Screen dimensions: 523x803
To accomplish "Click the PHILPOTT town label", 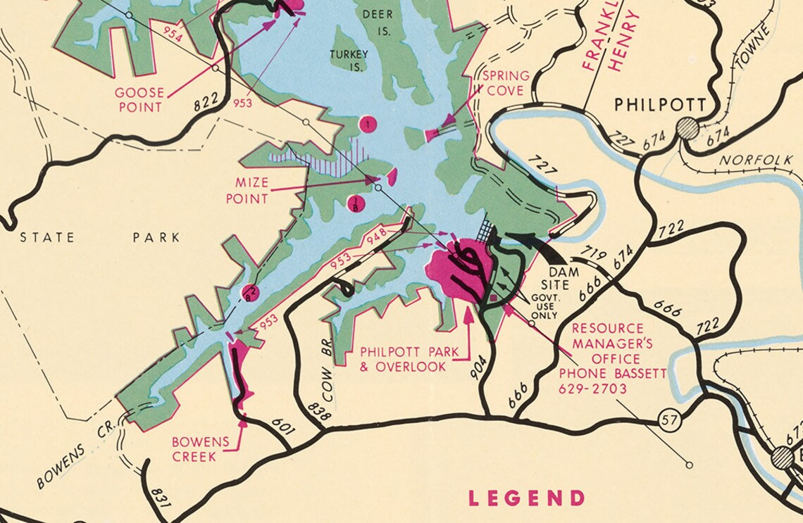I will click(x=660, y=105).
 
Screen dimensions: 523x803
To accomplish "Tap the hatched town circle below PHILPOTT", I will click(x=687, y=129).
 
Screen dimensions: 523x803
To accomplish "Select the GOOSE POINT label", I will click(x=139, y=100).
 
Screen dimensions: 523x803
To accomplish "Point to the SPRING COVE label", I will click(x=506, y=83).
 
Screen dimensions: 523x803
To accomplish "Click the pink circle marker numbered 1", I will click(x=368, y=125).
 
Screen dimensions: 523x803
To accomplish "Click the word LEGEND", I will click(x=526, y=498).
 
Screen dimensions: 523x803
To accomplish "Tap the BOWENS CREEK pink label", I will click(x=201, y=448).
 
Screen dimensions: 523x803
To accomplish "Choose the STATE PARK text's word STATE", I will click(x=47, y=237).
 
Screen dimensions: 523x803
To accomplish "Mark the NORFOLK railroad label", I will click(x=755, y=160).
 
